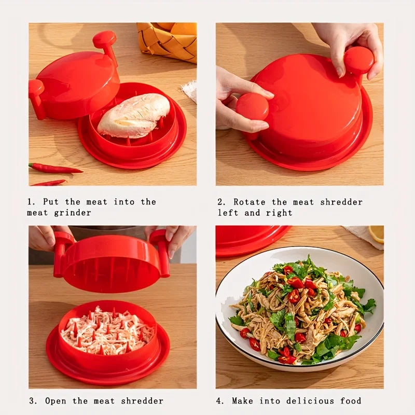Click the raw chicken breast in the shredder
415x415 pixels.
(x=134, y=116)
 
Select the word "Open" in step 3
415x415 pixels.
(x=56, y=401)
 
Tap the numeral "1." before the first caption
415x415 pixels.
(x=32, y=202)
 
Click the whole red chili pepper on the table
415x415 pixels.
(x=54, y=169)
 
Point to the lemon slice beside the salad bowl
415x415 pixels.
(x=377, y=233)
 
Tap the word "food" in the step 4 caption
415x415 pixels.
(x=351, y=401)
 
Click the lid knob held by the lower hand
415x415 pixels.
(x=253, y=107)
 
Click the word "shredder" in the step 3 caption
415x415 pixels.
(x=144, y=401)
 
